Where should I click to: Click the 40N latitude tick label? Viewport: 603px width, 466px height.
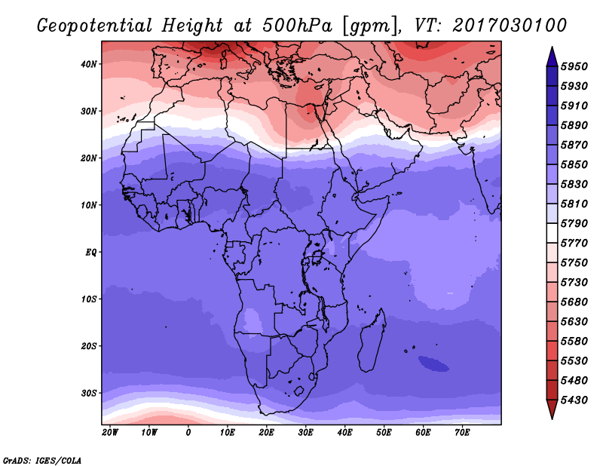click(89, 64)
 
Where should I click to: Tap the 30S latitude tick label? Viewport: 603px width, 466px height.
click(89, 394)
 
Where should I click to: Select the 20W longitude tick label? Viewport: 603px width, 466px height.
click(110, 433)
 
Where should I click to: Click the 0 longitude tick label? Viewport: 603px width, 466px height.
click(188, 433)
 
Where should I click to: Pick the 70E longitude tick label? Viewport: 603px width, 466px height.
click(462, 433)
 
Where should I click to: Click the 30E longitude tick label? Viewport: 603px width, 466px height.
click(306, 433)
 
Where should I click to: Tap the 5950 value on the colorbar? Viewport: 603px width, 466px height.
click(574, 66)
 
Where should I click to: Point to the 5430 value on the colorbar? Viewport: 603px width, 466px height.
click(574, 400)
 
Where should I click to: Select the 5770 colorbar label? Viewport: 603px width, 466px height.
click(574, 244)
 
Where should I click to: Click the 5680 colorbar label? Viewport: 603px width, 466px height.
click(574, 302)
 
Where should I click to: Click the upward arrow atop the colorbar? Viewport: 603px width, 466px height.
click(552, 57)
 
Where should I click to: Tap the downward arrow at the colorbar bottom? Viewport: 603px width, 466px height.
click(552, 409)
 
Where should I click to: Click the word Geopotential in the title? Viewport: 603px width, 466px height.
click(95, 26)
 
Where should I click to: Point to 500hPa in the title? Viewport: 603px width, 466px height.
click(297, 26)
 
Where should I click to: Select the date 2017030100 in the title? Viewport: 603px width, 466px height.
click(510, 26)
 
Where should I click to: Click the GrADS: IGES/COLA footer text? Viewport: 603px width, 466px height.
click(42, 460)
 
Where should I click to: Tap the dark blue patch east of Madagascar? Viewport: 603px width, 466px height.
click(433, 363)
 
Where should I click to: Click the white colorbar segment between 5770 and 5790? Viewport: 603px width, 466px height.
click(552, 233)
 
